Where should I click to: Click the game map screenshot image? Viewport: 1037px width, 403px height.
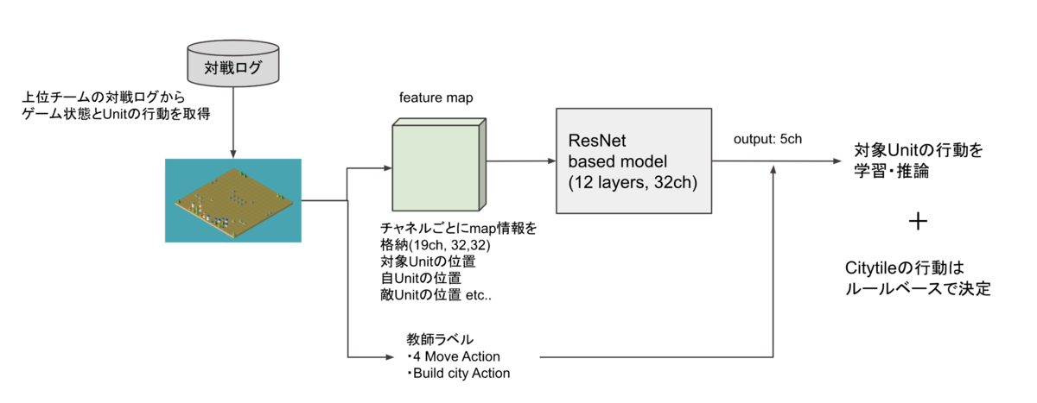click(x=233, y=200)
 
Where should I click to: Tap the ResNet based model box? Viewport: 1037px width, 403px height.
click(x=634, y=161)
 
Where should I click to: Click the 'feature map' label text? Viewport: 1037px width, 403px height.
click(x=436, y=98)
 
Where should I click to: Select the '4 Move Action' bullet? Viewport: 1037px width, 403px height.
click(x=456, y=356)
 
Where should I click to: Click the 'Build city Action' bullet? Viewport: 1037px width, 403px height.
click(x=461, y=373)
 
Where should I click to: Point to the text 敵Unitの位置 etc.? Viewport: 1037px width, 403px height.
click(x=442, y=294)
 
